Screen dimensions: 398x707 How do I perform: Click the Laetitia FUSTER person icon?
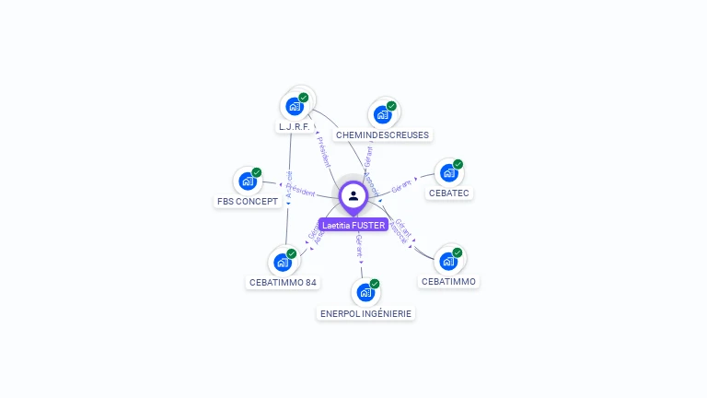(353, 195)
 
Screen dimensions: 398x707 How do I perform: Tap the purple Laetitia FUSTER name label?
(353, 225)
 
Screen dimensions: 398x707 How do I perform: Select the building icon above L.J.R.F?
(295, 105)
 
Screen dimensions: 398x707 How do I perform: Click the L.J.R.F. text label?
(294, 126)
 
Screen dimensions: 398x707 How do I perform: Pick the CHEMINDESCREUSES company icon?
(382, 114)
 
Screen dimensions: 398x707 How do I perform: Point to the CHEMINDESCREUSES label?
(382, 135)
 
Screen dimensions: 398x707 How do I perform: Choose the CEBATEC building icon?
(448, 172)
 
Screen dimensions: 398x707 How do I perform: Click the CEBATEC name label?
(449, 193)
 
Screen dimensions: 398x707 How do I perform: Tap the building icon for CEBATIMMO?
(448, 261)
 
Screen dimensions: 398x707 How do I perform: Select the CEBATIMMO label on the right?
(449, 281)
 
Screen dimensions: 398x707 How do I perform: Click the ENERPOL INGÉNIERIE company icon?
(365, 293)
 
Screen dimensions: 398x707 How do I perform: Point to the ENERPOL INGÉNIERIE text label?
(366, 313)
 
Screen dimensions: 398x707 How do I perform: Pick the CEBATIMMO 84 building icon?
(283, 262)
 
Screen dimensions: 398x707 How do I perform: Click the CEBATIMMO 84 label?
(284, 282)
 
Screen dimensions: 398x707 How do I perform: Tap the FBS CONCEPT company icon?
(248, 181)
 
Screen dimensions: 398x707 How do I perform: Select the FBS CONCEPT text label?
(248, 201)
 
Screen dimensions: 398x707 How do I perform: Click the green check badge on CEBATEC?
(458, 164)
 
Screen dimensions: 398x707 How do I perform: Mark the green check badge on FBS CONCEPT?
(257, 172)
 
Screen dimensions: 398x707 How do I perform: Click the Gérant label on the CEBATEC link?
(402, 187)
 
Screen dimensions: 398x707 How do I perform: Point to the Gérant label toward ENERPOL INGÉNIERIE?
(359, 245)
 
